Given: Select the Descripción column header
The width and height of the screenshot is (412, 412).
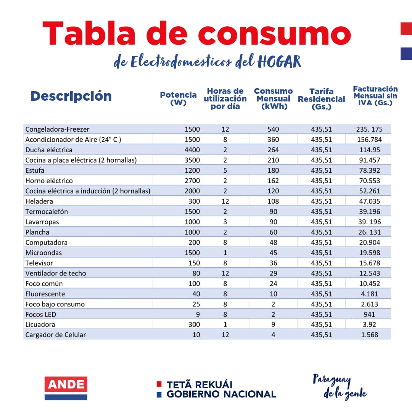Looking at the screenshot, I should click(x=71, y=96).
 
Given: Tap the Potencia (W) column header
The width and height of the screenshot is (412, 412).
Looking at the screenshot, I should click(x=178, y=99).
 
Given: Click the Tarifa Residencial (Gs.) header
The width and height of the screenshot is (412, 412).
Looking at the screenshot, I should click(x=321, y=99).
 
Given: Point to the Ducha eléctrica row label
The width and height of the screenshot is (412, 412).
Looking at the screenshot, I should click(x=49, y=150).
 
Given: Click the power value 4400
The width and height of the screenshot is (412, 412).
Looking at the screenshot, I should click(x=192, y=150).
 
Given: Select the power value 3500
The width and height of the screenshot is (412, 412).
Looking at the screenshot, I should click(x=192, y=160).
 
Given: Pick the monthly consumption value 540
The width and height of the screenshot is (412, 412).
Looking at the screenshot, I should click(x=273, y=129).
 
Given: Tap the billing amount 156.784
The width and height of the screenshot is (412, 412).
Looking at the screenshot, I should click(x=369, y=140).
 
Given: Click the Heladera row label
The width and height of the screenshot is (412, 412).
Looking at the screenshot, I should click(x=39, y=201).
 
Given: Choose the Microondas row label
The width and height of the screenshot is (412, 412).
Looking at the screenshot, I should click(x=43, y=253).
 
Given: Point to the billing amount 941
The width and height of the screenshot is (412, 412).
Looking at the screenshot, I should click(x=369, y=315).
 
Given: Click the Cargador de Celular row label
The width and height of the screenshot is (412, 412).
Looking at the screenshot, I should click(x=56, y=335).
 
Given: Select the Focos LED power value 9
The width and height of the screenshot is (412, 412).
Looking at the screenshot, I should click(x=197, y=315).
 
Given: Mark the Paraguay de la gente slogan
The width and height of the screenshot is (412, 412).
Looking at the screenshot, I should click(x=340, y=386).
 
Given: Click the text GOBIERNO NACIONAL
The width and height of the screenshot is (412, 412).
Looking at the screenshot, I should click(x=221, y=394).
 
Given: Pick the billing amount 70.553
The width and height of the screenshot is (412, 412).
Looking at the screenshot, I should click(x=369, y=181).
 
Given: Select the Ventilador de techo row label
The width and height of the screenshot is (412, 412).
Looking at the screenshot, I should click(x=56, y=274).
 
